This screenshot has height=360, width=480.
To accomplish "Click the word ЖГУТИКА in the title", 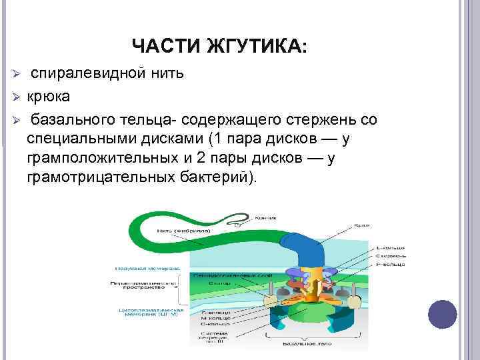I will pyautogui.click(x=265, y=47).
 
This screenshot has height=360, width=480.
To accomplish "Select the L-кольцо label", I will pyautogui.click(x=391, y=246).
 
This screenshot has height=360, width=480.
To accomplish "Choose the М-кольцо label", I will pyautogui.click(x=215, y=319).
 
